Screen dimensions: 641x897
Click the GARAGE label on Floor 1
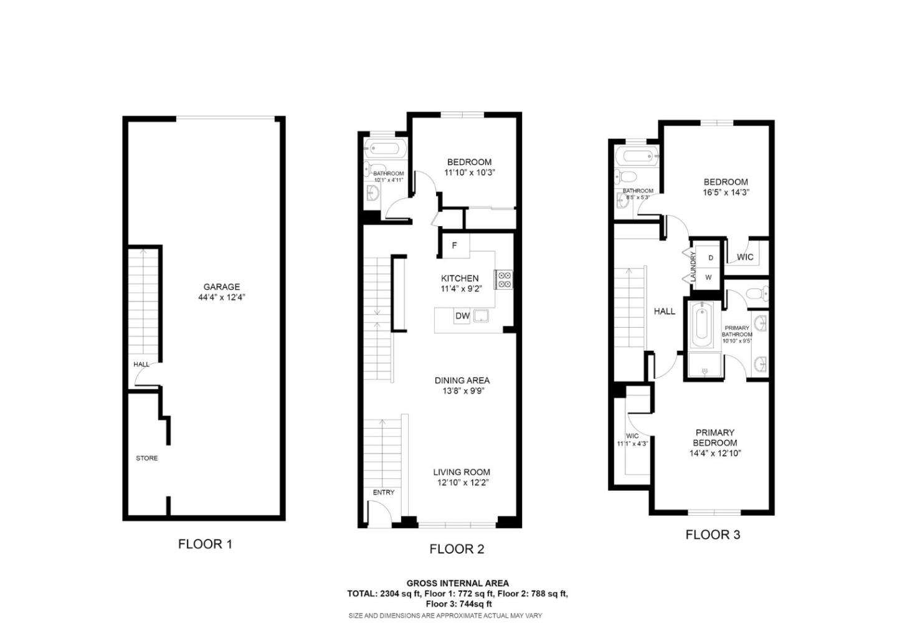click(x=221, y=287)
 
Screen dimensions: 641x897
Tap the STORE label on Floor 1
click(x=147, y=458)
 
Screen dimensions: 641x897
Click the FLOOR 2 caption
click(x=457, y=549)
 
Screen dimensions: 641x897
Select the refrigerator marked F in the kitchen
click(x=455, y=245)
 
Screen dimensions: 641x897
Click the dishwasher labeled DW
click(x=462, y=316)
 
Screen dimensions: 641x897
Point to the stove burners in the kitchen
click(x=503, y=279)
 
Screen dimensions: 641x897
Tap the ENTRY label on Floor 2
click(x=384, y=493)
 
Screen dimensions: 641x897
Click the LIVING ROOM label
click(x=462, y=472)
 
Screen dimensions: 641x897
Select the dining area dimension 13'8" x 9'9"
click(x=462, y=391)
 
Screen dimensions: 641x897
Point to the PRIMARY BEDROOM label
click(x=715, y=437)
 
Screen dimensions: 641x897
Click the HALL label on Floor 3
click(x=664, y=311)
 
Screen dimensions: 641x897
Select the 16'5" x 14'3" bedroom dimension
click(x=726, y=193)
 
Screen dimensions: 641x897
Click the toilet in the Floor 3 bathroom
click(x=625, y=175)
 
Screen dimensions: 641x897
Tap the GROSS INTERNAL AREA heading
click(x=457, y=584)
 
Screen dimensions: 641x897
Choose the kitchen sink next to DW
click(x=482, y=316)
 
